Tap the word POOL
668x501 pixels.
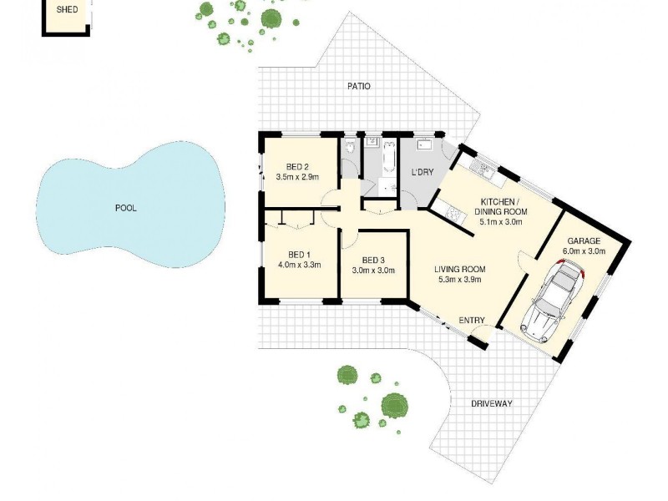pyautogui.click(x=125, y=208)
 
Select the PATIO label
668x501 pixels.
pyautogui.click(x=359, y=86)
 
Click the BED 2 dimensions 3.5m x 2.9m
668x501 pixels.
pyautogui.click(x=297, y=176)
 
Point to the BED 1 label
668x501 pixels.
pyautogui.click(x=299, y=255)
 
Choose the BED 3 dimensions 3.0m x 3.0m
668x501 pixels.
pyautogui.click(x=373, y=270)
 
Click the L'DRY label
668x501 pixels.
pyautogui.click(x=422, y=173)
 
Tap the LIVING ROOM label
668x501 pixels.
pyautogui.click(x=459, y=269)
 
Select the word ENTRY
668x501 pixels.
pyautogui.click(x=472, y=320)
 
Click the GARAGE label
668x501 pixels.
pyautogui.click(x=584, y=240)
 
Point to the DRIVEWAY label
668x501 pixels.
pyautogui.click(x=491, y=403)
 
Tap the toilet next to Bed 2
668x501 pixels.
pyautogui.click(x=351, y=146)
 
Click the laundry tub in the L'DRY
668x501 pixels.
pyautogui.click(x=423, y=144)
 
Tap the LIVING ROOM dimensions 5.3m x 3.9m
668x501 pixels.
pyautogui.click(x=459, y=280)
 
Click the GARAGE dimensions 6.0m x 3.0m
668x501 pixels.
pyautogui.click(x=584, y=250)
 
